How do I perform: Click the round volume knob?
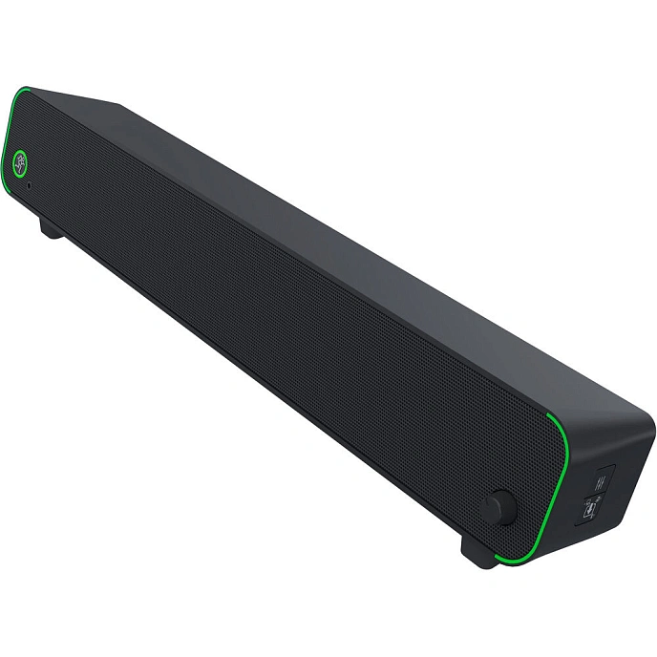[x=497, y=507]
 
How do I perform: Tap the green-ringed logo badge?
[x=22, y=161]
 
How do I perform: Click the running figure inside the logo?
[x=22, y=161]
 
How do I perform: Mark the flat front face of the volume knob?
[x=494, y=507]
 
